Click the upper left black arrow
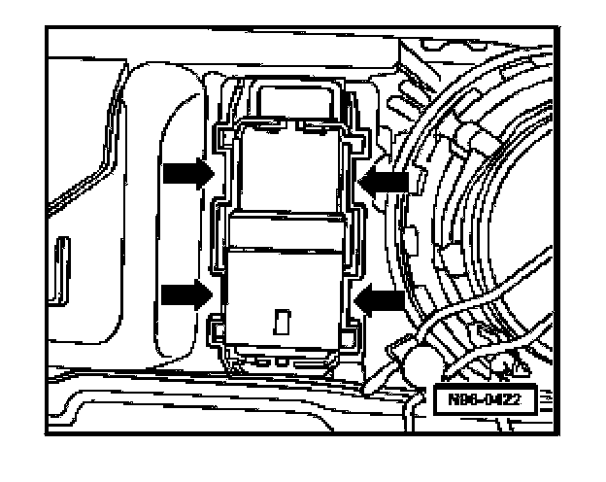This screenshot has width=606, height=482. point(185,174)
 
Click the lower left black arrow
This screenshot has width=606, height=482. point(185,293)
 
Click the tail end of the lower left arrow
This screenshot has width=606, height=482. point(163,293)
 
